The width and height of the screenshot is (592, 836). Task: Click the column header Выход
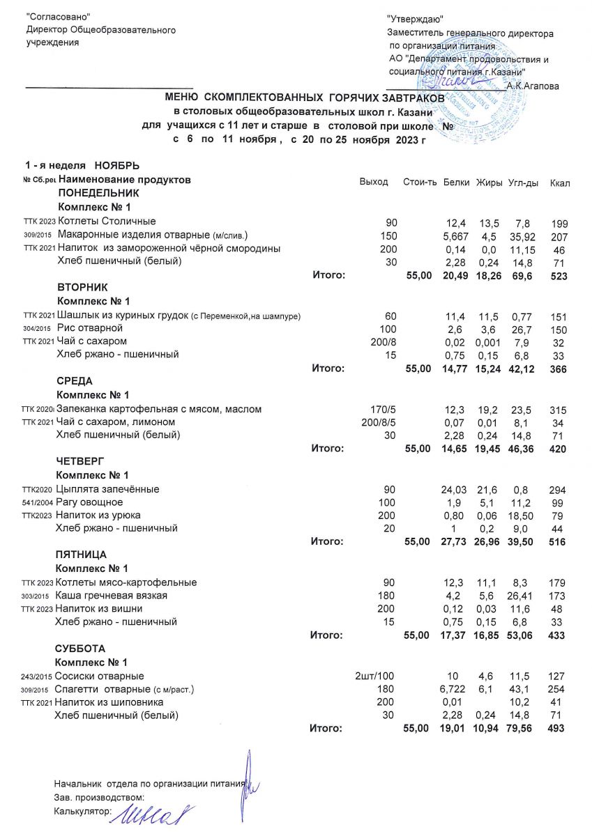click(x=373, y=182)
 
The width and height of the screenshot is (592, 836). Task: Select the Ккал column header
click(x=560, y=183)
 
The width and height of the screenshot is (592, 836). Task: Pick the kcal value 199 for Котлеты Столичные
click(x=559, y=224)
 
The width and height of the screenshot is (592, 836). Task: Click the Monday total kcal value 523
click(x=559, y=276)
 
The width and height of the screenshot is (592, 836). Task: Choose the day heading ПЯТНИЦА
click(x=81, y=555)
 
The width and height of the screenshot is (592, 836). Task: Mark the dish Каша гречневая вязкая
click(x=112, y=596)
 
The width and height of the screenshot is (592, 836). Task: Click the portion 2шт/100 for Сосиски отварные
click(x=374, y=676)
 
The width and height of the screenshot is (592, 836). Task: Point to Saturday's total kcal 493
click(x=559, y=729)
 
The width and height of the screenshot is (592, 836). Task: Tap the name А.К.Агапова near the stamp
click(x=533, y=86)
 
